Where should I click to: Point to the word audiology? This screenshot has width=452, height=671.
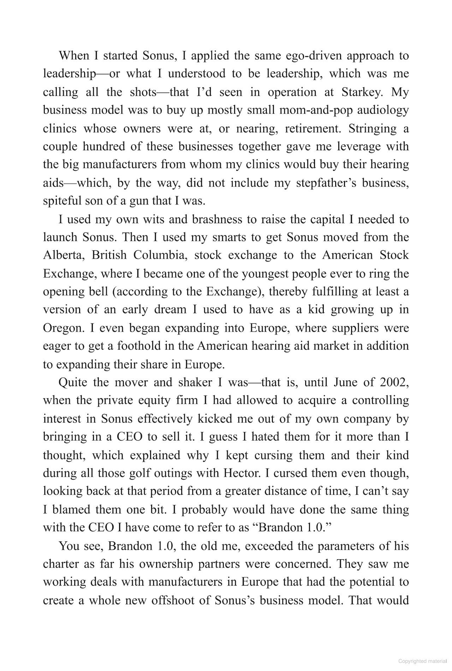(x=383, y=110)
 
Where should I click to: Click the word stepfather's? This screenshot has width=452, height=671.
(x=327, y=183)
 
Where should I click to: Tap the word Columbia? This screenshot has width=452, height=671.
(x=160, y=255)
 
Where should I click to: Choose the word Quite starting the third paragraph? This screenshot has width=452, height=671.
(x=73, y=382)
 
